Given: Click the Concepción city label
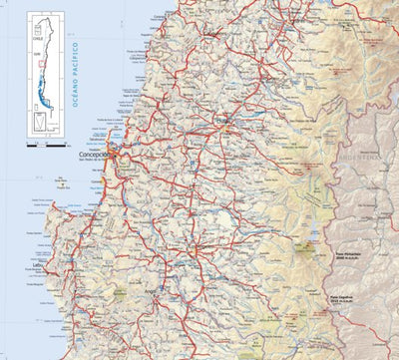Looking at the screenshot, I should (x=99, y=156).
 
